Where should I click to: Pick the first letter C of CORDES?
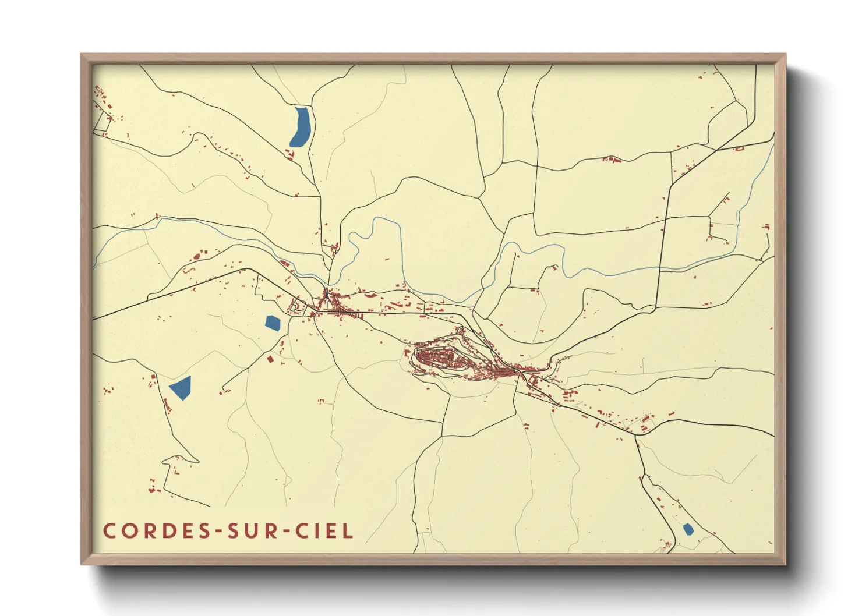[x=109, y=531]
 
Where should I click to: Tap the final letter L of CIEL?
[x=348, y=531]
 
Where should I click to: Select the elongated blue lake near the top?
[x=301, y=126]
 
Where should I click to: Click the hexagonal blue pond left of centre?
[x=273, y=323]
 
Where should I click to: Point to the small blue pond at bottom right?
[x=688, y=529]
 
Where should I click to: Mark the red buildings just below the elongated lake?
[x=289, y=154]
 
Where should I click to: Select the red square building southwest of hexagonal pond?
[x=270, y=359]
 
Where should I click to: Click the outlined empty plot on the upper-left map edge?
[x=103, y=121]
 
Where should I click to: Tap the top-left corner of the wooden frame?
[x=82, y=55]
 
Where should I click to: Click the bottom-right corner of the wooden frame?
[x=785, y=564]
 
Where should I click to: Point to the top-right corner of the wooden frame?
[x=785, y=55]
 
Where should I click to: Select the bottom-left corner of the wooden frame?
[x=82, y=564]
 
